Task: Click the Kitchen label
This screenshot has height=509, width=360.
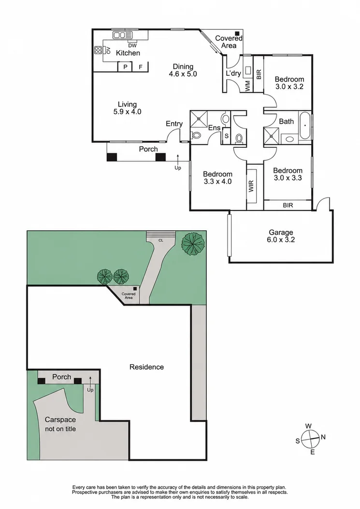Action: (x=128, y=53)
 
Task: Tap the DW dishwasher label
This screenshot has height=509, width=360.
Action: (x=132, y=46)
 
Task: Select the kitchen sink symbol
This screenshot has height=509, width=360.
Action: (x=123, y=35)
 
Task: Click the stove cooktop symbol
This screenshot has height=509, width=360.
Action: (x=98, y=50)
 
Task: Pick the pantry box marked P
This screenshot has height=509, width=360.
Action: (x=126, y=67)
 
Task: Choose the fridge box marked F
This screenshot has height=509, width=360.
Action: (x=141, y=67)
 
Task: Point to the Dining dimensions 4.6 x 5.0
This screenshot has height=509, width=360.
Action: (x=183, y=74)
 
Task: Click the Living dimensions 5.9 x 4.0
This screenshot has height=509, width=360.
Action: (x=127, y=112)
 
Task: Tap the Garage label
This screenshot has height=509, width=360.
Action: (x=281, y=232)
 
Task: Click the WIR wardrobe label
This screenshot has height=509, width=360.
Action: (x=251, y=186)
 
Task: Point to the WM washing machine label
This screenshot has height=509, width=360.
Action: (x=248, y=86)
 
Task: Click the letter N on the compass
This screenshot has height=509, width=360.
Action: (x=323, y=437)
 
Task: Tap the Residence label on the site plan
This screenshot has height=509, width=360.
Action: (x=146, y=367)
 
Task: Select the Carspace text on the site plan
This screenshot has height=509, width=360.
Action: (x=60, y=419)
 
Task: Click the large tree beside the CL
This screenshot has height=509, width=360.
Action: (x=193, y=242)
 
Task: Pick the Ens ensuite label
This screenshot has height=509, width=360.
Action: (x=215, y=128)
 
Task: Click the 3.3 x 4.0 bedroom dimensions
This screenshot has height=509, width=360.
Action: (x=217, y=182)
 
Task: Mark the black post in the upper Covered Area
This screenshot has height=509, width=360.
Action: (x=238, y=33)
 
